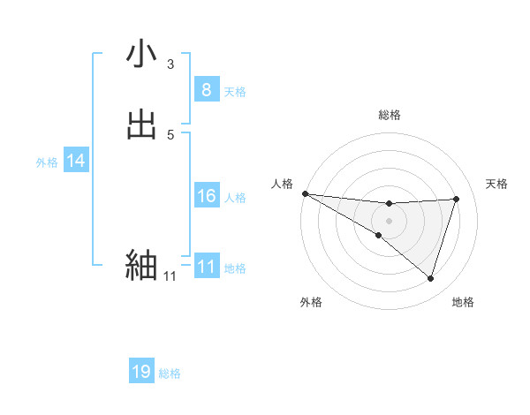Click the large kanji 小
click(x=141, y=55)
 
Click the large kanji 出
click(x=141, y=125)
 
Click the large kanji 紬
click(x=141, y=265)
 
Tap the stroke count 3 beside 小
click(x=170, y=64)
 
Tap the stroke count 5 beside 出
click(x=170, y=134)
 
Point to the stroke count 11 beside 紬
click(x=170, y=276)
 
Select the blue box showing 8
click(x=206, y=90)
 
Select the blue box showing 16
click(x=206, y=196)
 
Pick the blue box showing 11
click(x=206, y=267)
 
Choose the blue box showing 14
click(x=76, y=161)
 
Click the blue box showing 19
click(x=141, y=372)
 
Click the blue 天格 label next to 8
click(x=235, y=91)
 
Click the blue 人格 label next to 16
click(x=235, y=197)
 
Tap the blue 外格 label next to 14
click(x=47, y=162)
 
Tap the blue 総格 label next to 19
click(x=170, y=373)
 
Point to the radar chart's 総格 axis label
click(x=390, y=115)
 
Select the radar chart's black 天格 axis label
click(x=497, y=184)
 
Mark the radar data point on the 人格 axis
click(x=305, y=193)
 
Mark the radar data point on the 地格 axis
click(x=430, y=278)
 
